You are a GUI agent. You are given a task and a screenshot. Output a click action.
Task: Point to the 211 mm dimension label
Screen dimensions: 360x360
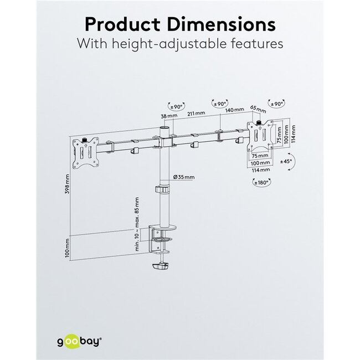point(197,113)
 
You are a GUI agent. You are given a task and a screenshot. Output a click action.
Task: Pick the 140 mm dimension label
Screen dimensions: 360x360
point(234,111)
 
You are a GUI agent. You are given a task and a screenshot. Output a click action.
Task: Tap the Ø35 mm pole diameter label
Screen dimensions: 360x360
point(184,177)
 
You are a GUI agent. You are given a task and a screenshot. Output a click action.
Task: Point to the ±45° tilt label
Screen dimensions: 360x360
point(286,162)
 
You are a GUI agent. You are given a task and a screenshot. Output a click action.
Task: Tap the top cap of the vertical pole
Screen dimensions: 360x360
point(163,128)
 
